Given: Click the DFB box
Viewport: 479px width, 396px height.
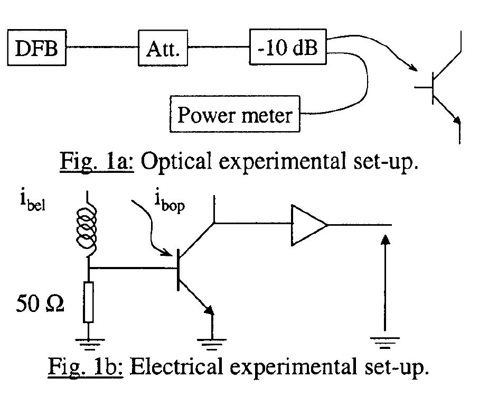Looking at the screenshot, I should [37, 49].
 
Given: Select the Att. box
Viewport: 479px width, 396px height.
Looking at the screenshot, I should [163, 49].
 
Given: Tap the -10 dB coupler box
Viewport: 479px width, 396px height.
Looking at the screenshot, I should [288, 48].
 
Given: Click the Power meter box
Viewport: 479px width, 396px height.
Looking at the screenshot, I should [234, 114].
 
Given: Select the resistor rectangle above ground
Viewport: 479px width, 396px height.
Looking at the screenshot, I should [89, 302].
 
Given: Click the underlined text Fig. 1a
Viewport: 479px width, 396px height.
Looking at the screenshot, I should [103, 161].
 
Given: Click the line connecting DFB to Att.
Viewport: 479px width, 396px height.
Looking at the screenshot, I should [102, 49].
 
